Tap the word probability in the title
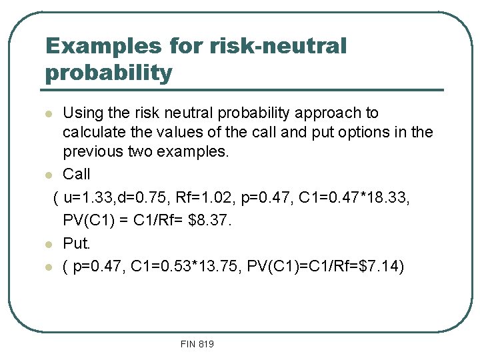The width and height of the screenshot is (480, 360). (109, 73)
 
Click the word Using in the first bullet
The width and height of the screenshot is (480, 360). (83, 113)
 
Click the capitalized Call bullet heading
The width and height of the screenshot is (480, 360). (76, 175)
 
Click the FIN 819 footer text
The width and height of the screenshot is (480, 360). (197, 344)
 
